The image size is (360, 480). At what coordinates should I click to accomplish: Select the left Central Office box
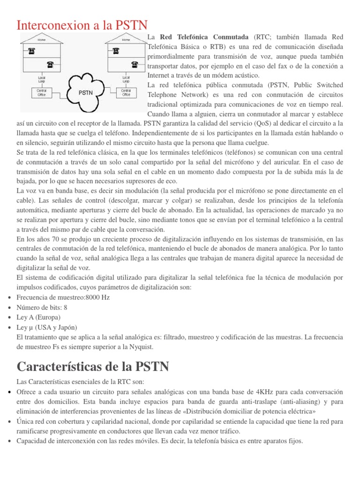coord(41,92)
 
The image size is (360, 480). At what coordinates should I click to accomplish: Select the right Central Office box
coord(126,92)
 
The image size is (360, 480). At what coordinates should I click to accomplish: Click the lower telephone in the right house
coord(135,64)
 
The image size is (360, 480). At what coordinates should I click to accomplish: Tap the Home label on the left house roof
coord(42,40)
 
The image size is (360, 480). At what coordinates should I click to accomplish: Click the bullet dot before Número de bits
coord(10,308)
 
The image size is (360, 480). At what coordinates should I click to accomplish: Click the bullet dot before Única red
coord(10,421)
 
